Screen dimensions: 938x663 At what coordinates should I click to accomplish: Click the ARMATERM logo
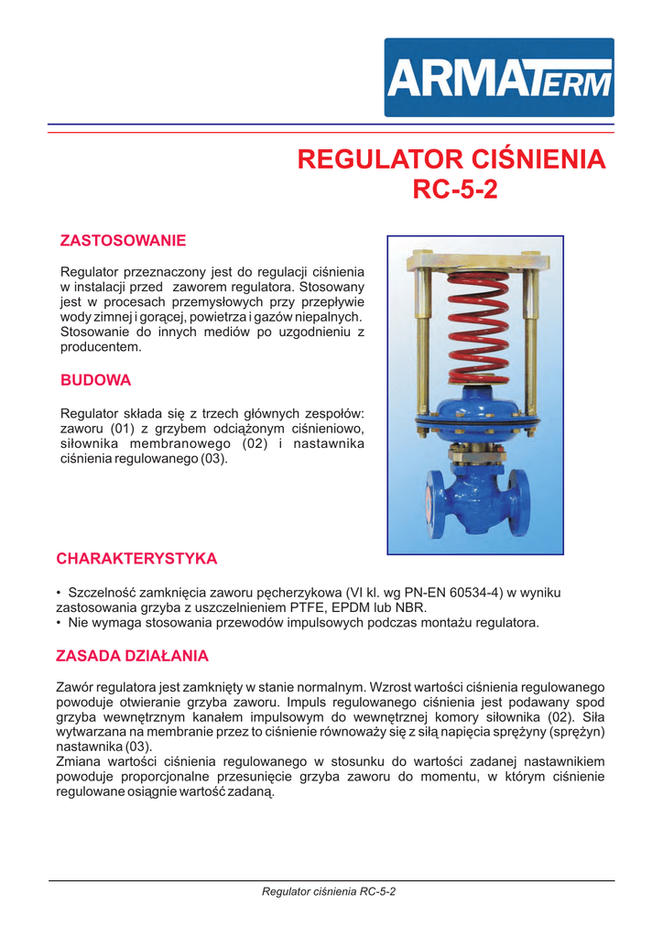[x=498, y=77]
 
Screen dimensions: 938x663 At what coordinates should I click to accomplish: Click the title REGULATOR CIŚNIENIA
[x=451, y=159]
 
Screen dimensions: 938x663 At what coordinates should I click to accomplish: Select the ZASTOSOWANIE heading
[x=123, y=241]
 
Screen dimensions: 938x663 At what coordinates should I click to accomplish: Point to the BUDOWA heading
[x=95, y=379]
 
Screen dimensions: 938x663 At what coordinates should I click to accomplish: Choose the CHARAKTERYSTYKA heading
[x=136, y=558]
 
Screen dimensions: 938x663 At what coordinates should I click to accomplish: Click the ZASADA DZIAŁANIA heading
[x=132, y=656]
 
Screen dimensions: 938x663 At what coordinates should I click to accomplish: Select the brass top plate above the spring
[x=473, y=261]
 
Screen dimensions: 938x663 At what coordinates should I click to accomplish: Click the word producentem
[x=101, y=348]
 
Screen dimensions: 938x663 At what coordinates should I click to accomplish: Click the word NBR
[x=411, y=607]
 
